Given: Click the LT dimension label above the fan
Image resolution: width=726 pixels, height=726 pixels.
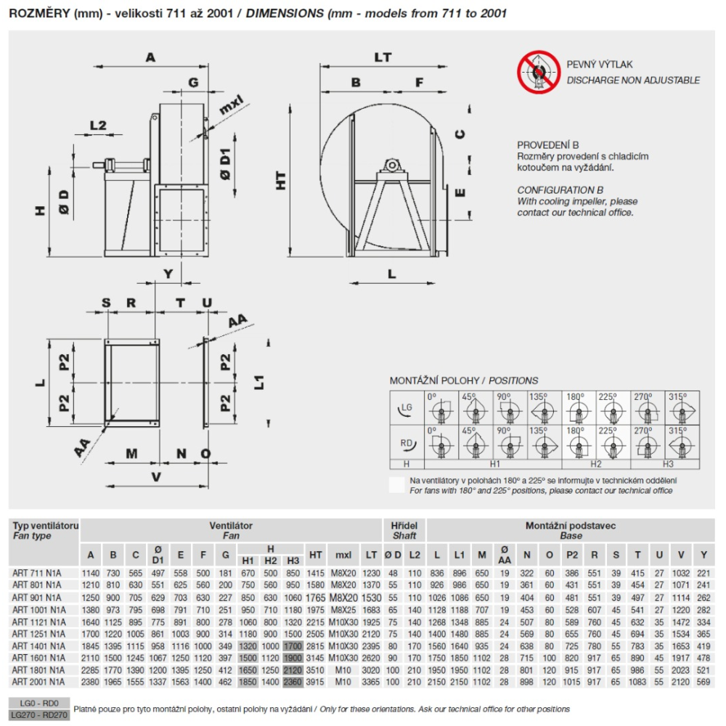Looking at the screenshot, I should click(383, 57).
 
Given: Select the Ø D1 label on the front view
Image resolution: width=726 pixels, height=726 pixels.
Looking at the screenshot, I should click(227, 166).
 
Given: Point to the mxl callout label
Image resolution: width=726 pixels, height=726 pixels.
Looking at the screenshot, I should click(231, 108).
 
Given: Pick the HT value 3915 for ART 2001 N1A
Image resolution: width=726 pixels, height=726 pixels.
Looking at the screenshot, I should click(316, 682).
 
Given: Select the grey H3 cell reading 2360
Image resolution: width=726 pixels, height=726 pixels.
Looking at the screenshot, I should click(293, 682).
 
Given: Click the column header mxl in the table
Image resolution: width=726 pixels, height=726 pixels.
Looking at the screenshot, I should click(343, 555).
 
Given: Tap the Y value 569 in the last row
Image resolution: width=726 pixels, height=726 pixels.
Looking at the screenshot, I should click(703, 682).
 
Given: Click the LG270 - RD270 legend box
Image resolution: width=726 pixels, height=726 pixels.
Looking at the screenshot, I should click(40, 714).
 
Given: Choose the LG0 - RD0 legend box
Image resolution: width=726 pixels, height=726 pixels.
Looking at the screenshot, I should click(40, 703).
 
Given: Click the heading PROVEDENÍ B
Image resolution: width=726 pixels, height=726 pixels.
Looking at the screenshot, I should click(548, 145).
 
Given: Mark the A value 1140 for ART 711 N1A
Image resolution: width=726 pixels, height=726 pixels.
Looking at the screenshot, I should click(91, 574).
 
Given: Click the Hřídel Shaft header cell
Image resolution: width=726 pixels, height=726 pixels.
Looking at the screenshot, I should click(404, 530).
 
